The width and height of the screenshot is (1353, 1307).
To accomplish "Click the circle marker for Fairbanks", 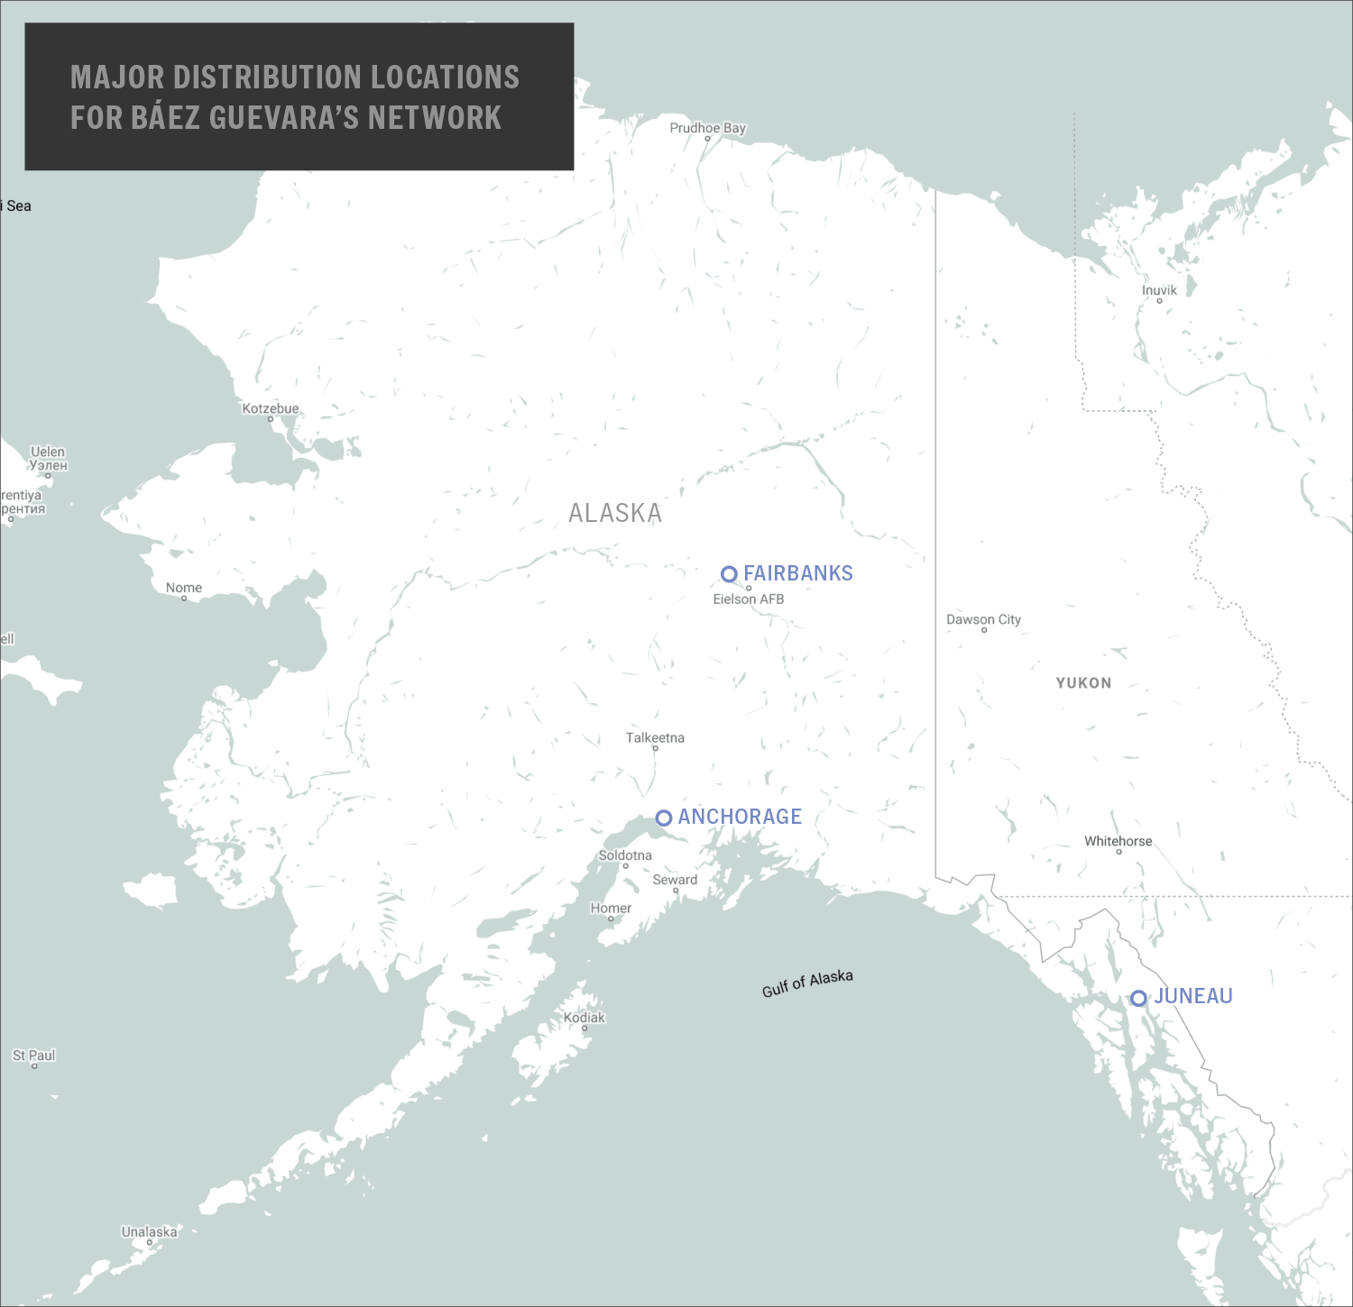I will click(729, 574).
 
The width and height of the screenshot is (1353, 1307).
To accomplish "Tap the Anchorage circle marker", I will click(664, 818).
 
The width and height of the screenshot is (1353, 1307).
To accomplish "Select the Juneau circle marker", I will click(1139, 998).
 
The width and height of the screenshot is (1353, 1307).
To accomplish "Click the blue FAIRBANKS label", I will click(798, 573).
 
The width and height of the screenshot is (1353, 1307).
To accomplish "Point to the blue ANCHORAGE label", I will click(740, 817).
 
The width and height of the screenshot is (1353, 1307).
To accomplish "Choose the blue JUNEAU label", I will click(1193, 996).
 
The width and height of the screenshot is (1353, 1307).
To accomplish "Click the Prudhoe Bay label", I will click(708, 128).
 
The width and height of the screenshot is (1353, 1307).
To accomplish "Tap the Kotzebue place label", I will click(271, 408).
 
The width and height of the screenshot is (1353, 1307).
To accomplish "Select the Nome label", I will click(184, 588).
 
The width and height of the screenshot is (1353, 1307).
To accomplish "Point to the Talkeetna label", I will click(655, 737).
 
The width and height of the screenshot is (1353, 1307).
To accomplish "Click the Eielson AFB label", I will click(749, 599).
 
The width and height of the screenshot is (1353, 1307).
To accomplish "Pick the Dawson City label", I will click(983, 619).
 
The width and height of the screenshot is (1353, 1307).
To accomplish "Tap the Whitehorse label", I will click(1118, 841).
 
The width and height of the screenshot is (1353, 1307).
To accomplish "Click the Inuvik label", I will click(1159, 290).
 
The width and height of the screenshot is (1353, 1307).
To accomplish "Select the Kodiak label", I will click(584, 1018).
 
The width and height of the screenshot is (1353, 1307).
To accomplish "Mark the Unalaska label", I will click(150, 1231).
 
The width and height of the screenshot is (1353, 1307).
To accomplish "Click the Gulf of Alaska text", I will click(807, 983).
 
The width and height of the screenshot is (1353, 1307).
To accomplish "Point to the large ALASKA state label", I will click(615, 513).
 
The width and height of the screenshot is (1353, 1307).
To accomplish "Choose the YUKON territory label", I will click(1083, 683).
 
